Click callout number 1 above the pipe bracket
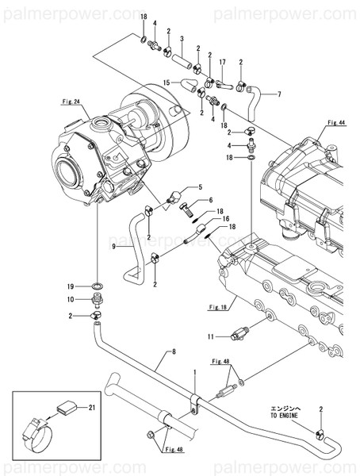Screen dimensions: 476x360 point(194,372)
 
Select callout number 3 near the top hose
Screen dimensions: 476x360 point(182,38)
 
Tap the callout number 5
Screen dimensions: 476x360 point(200,187)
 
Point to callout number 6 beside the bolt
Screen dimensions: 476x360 point(211,201)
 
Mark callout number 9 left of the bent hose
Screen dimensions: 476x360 point(114,247)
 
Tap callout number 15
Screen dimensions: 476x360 point(167,83)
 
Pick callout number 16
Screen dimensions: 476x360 point(226,218)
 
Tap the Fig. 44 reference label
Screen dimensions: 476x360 point(336,124)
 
